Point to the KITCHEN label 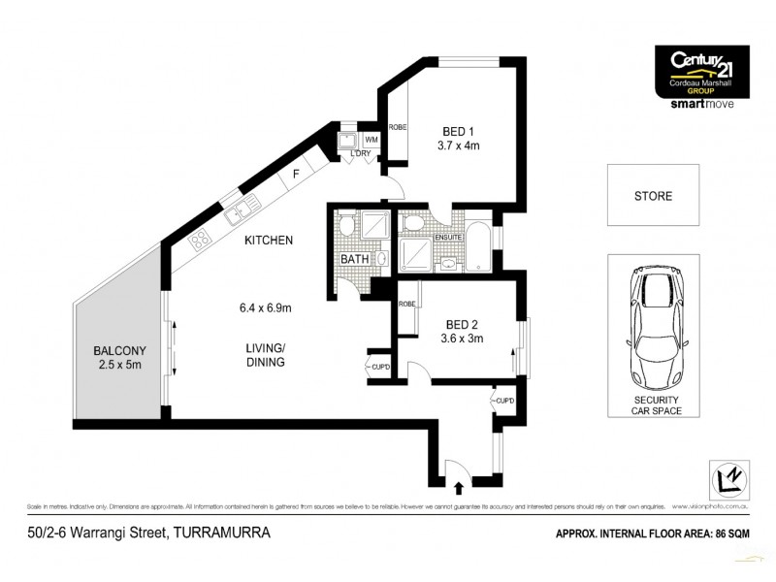269,240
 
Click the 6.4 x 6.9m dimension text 266,308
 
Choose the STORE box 652,197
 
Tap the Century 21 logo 705,67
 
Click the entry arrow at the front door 460,475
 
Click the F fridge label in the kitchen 295,174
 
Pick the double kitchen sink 241,206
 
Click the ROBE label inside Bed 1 397,127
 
